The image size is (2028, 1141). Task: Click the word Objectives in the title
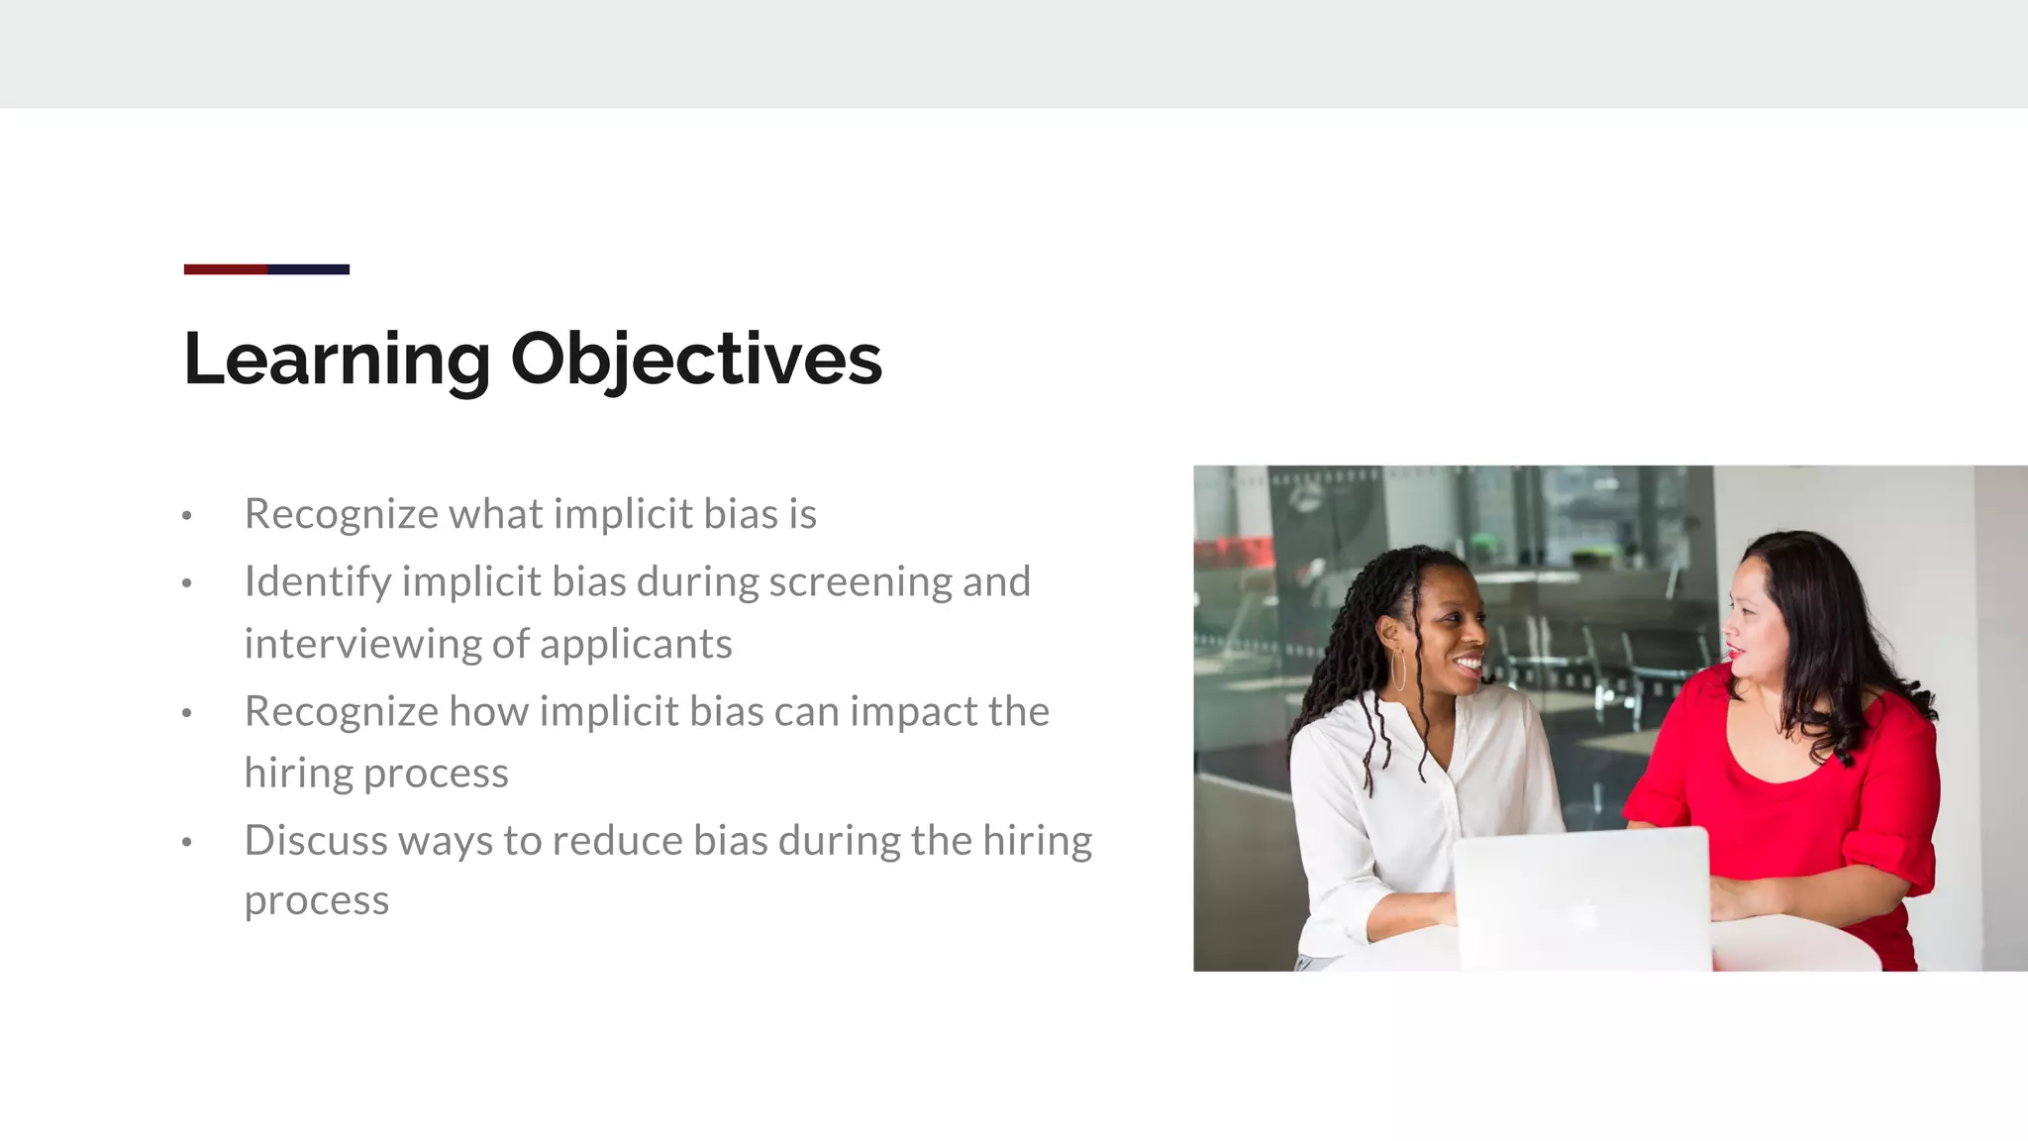(x=695, y=359)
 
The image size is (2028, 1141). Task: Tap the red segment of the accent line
(x=225, y=269)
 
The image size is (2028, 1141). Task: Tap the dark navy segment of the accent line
(x=309, y=269)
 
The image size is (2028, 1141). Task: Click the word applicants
(x=636, y=645)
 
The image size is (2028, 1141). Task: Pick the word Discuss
(x=316, y=841)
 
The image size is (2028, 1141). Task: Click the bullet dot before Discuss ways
(x=186, y=843)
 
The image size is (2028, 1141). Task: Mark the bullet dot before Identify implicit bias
(x=186, y=584)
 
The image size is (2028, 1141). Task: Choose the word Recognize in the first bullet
(x=341, y=514)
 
